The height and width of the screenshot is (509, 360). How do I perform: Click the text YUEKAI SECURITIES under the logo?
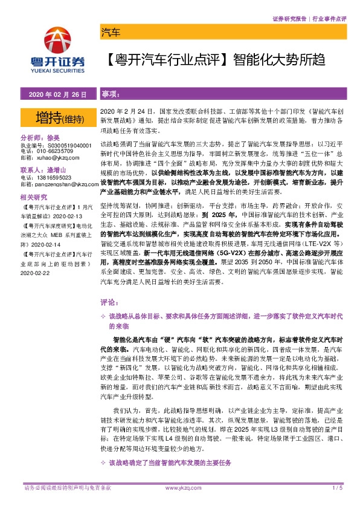[x=57, y=69]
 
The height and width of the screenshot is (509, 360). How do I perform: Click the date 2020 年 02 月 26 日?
[x=57, y=95]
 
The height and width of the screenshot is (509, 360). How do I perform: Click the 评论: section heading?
[x=108, y=300]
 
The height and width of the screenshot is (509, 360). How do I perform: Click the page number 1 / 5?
[x=337, y=488]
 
